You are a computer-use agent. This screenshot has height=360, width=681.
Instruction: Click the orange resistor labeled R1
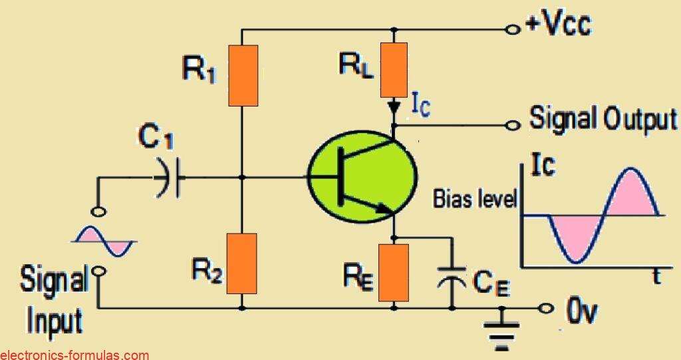(x=243, y=76)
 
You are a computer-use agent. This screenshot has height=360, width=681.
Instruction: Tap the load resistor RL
(x=395, y=69)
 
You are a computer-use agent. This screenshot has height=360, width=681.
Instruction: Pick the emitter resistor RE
(x=394, y=272)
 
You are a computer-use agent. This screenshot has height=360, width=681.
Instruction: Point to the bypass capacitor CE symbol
(x=452, y=278)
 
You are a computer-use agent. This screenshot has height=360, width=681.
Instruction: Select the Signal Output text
(x=603, y=120)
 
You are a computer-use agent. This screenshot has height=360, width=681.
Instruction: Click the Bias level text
(x=475, y=199)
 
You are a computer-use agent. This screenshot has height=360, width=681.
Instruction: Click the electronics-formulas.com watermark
(x=74, y=355)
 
